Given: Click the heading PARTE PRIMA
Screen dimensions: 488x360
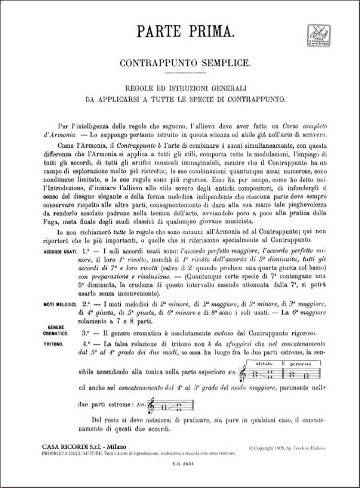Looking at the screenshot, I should tap(180, 32).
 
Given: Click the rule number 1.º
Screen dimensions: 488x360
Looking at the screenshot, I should tap(86, 250).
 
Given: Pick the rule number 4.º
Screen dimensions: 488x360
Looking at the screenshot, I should tap(86, 343).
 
